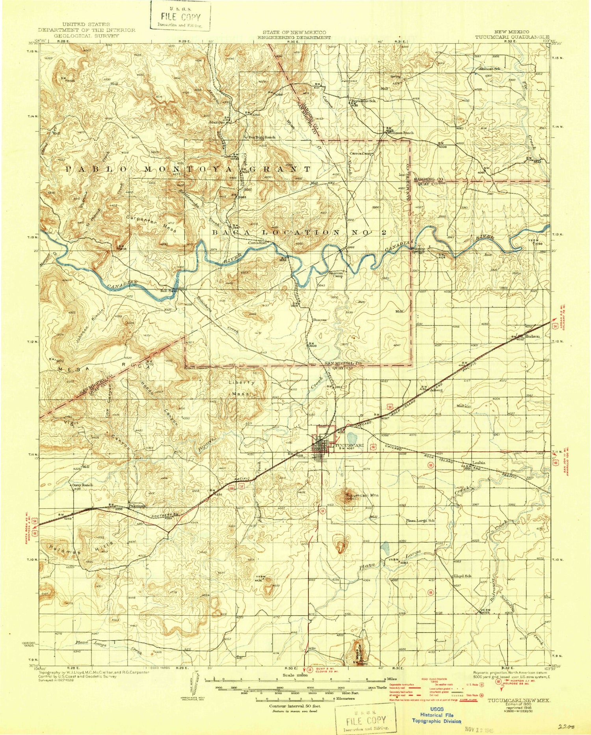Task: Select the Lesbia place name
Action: (479, 463)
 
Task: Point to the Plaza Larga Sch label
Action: (420, 520)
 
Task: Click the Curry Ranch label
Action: (82, 485)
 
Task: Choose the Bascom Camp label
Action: (336, 274)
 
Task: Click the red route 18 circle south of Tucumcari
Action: (322, 511)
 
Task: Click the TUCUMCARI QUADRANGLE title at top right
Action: (512, 37)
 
